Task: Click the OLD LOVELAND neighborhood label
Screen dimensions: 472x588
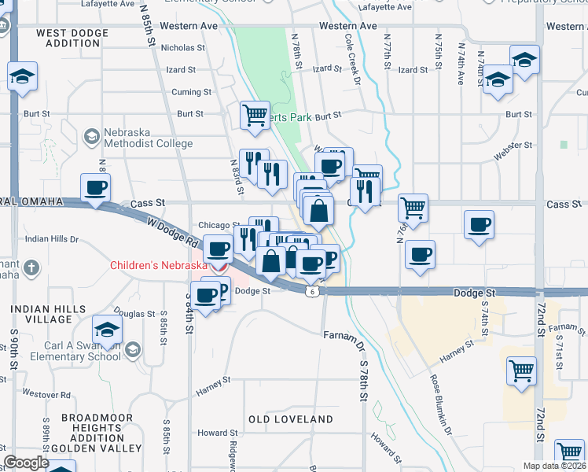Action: pyautogui.click(x=291, y=419)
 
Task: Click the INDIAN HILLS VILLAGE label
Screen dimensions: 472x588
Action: pyautogui.click(x=42, y=315)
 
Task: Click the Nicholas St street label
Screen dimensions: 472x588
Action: pyautogui.click(x=182, y=48)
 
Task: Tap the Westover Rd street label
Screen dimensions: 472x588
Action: pyautogui.click(x=46, y=393)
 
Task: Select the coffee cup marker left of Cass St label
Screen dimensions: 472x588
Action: pyautogui.click(x=96, y=188)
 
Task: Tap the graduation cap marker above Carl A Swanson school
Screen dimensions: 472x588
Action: pyautogui.click(x=107, y=330)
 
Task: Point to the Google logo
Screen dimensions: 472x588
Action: pyautogui.click(x=26, y=463)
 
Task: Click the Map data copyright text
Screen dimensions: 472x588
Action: pyautogui.click(x=555, y=466)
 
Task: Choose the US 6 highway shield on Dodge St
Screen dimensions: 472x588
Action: pyautogui.click(x=312, y=291)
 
